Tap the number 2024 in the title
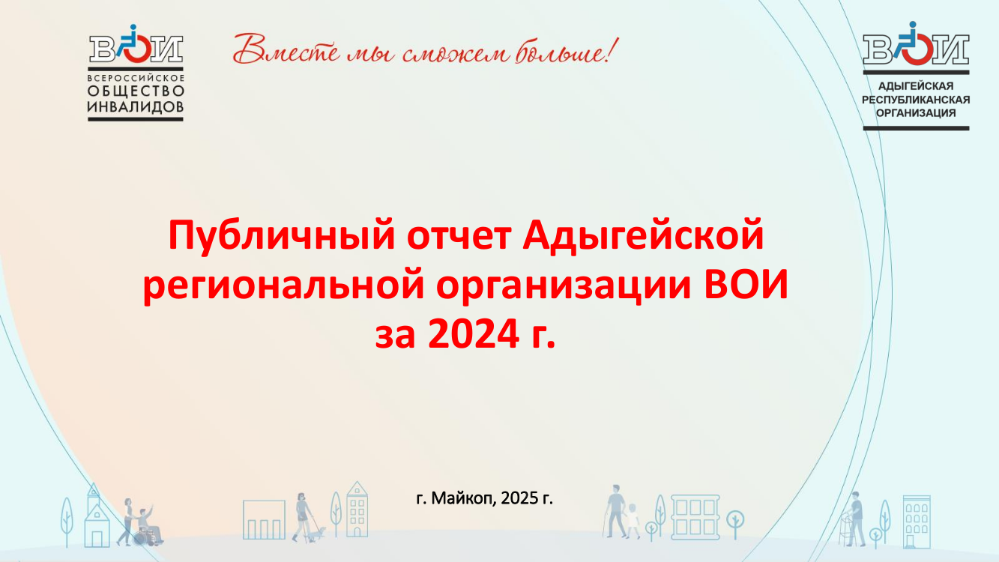(473, 334)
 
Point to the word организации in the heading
(564, 285)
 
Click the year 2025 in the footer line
(520, 498)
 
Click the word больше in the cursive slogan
(567, 50)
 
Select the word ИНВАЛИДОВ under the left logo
(136, 107)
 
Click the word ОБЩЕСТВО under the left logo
(136, 91)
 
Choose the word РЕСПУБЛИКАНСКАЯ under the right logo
(916, 100)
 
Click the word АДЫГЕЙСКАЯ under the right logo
(916, 86)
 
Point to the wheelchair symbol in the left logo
(135, 43)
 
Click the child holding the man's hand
(633, 521)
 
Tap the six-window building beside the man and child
(695, 517)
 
